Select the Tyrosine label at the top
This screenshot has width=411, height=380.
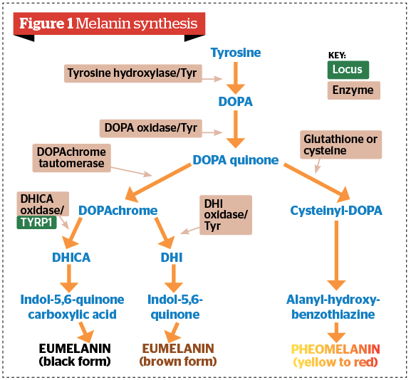tap(236, 53)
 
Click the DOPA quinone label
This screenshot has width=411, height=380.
tap(236, 160)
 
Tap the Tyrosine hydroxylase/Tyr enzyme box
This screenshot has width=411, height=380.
tap(132, 73)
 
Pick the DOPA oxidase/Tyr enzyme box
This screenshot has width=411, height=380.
tap(151, 128)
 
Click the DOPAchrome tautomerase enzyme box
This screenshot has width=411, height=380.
tap(70, 158)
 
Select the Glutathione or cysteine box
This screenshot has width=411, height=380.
tap(340, 145)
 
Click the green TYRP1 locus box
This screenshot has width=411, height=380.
tap(41, 221)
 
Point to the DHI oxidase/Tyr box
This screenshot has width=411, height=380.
tap(226, 214)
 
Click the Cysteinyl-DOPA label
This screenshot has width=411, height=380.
tap(336, 211)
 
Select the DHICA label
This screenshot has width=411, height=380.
tap(71, 258)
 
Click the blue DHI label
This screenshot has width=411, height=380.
tap(171, 258)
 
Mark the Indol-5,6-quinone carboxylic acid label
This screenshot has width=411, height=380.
tap(71, 307)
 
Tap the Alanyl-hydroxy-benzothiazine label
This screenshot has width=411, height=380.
tap(334, 307)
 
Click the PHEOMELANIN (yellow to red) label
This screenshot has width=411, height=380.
tap(336, 355)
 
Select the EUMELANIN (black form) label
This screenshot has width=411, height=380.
tap(75, 355)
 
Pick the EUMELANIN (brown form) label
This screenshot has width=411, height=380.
tap(179, 355)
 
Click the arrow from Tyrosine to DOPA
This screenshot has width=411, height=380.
tap(236, 77)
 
